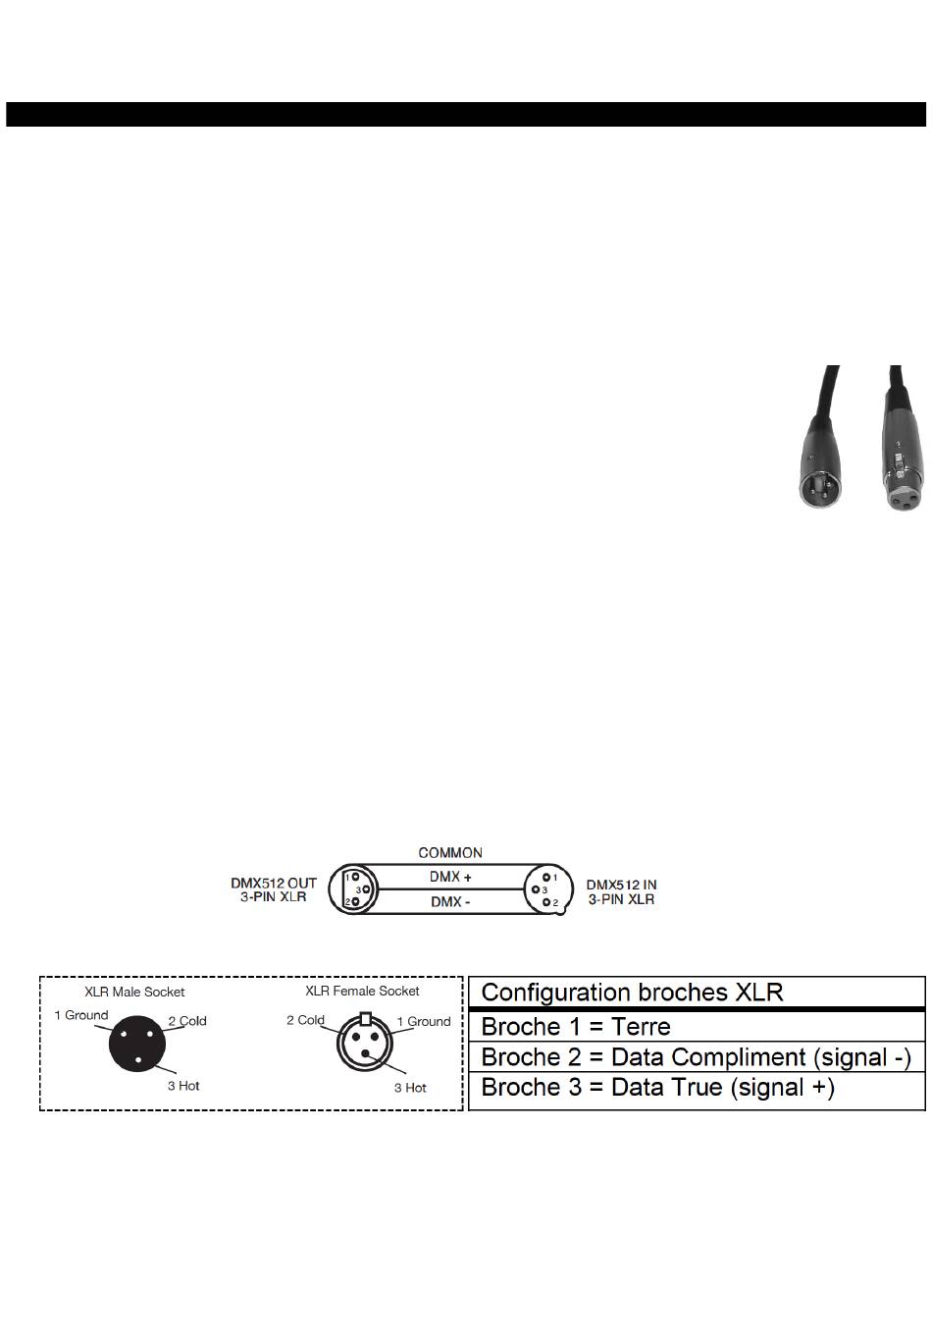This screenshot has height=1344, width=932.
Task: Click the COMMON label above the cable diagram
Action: pyautogui.click(x=449, y=852)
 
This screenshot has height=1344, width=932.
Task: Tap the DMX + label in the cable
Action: pyautogui.click(x=450, y=877)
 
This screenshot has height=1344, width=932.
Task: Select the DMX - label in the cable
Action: pyautogui.click(x=450, y=902)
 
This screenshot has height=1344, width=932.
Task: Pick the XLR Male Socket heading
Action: pyautogui.click(x=134, y=992)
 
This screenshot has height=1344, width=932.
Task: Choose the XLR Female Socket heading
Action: pyautogui.click(x=362, y=991)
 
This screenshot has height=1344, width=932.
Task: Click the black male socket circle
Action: pyautogui.click(x=136, y=1043)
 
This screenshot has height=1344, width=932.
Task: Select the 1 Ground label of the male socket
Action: pyautogui.click(x=81, y=1014)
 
